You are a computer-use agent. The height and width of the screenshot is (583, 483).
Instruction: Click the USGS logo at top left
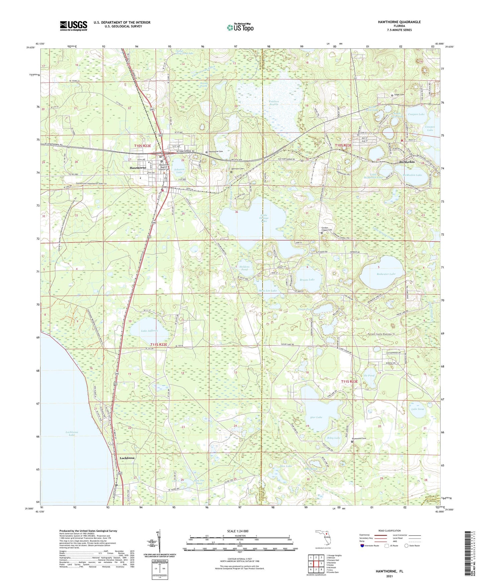pyautogui.click(x=74, y=26)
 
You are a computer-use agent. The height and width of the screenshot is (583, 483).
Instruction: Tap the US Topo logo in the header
pyautogui.click(x=240, y=27)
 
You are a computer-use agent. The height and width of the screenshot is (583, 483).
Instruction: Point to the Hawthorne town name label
pyautogui.click(x=138, y=167)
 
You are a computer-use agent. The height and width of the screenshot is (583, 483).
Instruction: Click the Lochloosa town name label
pyautogui.click(x=127, y=458)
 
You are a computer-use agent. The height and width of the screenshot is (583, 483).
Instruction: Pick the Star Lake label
pyautogui.click(x=316, y=417)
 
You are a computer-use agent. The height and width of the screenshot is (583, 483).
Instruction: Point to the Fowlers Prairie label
pyautogui.click(x=273, y=103)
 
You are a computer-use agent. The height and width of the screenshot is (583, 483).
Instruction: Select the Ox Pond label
pyautogui.click(x=369, y=375)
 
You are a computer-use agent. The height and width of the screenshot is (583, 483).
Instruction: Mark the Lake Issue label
pyautogui.click(x=417, y=409)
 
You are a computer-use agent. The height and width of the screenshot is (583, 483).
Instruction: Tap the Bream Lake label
pyautogui.click(x=307, y=279)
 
